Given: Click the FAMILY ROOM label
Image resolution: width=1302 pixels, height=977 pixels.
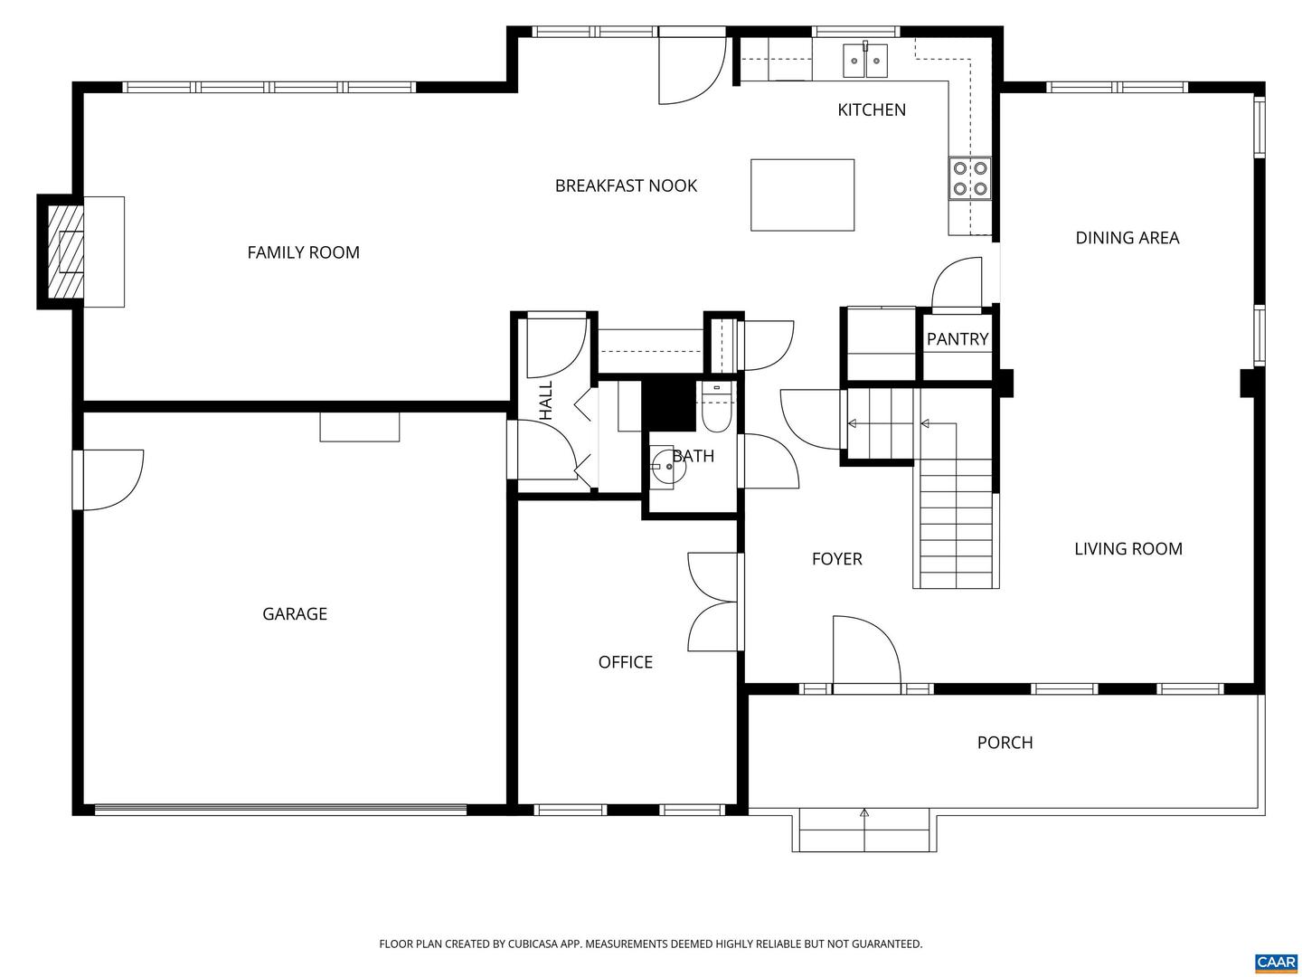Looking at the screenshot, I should pyautogui.click(x=303, y=252).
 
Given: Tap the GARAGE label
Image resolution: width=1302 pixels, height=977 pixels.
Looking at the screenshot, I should pyautogui.click(x=294, y=614).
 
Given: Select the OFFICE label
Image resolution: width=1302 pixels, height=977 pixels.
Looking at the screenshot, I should pyautogui.click(x=625, y=662).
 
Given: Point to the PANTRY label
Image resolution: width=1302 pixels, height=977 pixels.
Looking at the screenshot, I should pyautogui.click(x=957, y=339).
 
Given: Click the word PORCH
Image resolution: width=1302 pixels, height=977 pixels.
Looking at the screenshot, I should pyautogui.click(x=1005, y=743).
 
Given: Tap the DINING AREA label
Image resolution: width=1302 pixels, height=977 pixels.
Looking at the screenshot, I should pyautogui.click(x=1127, y=238).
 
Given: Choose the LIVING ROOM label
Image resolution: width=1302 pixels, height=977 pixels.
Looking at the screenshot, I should pyautogui.click(x=1127, y=549).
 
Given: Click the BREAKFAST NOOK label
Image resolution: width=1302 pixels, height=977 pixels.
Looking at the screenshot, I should pyautogui.click(x=626, y=185).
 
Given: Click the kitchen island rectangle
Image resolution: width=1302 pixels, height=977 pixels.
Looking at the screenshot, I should pyautogui.click(x=802, y=194).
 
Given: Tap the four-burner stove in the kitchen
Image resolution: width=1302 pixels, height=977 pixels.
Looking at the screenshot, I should pyautogui.click(x=969, y=178).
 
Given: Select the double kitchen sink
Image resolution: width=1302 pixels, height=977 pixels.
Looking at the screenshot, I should pyautogui.click(x=865, y=62).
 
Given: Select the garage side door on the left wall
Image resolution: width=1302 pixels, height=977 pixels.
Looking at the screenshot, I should pyautogui.click(x=108, y=479).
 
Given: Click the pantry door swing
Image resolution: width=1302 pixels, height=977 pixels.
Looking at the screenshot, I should pyautogui.click(x=957, y=282).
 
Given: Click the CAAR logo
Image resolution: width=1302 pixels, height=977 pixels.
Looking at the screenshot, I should pyautogui.click(x=1275, y=962).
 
